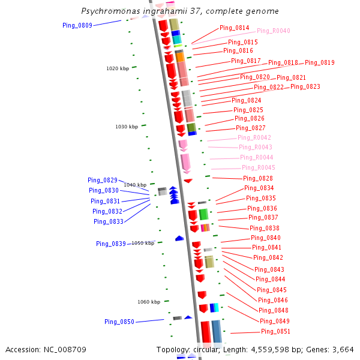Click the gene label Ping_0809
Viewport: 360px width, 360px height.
77,25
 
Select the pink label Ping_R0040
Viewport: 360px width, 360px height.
274,31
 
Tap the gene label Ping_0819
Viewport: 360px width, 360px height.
320,62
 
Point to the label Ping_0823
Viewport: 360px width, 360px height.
305,87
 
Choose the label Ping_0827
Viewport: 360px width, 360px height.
251,128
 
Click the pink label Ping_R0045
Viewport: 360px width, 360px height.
259,167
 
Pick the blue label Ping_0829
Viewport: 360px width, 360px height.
103,180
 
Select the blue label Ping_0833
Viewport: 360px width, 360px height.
109,221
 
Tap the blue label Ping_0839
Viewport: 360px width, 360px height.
111,244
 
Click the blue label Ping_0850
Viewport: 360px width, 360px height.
119,322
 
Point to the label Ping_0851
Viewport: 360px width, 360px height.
275,332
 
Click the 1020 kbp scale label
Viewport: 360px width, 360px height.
118,68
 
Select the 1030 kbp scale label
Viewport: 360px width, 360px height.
127,127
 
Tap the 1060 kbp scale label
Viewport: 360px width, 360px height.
149,302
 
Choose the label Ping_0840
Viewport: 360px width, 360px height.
266,238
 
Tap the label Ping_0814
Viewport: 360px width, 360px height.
235,28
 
